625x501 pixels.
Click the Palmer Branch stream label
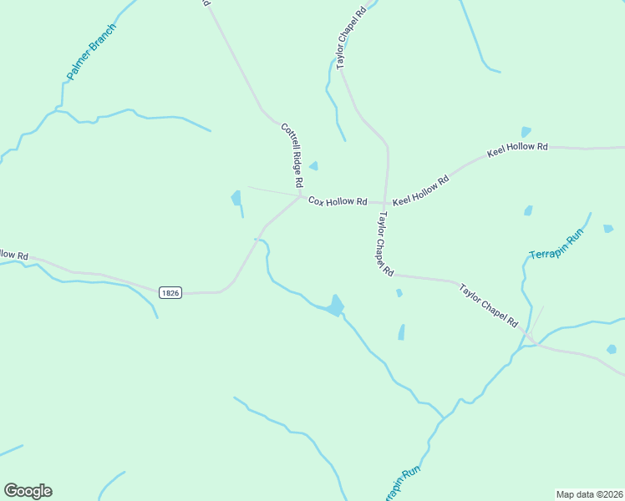[x=92, y=52]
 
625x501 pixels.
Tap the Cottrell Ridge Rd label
[x=291, y=154]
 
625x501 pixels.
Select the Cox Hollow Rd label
[x=338, y=201]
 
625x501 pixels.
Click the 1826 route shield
[x=170, y=292]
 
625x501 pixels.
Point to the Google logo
[x=28, y=491]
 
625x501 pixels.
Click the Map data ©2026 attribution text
[x=588, y=493]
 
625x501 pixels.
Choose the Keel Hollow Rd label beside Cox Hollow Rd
[x=420, y=191]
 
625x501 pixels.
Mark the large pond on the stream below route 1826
[x=336, y=306]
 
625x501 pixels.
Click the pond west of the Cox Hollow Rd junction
[x=236, y=199]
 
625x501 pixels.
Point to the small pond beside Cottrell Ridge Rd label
[x=314, y=165]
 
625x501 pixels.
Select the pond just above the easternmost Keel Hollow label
[x=526, y=132]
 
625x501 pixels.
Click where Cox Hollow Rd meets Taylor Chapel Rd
[x=385, y=203]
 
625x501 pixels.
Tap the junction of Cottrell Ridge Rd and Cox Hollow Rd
[x=301, y=196]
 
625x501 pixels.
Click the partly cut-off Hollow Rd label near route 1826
[x=14, y=254]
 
